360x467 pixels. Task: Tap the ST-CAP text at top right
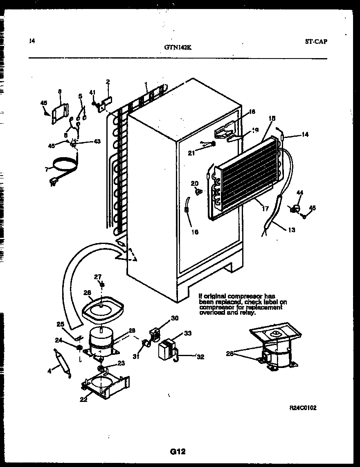tap(315, 41)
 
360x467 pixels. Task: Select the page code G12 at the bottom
tap(178, 451)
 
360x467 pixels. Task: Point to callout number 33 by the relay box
tap(187, 334)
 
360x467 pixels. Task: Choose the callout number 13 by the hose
tap(291, 230)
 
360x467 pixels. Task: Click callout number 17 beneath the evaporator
tap(265, 209)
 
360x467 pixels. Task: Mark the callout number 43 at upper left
tap(97, 141)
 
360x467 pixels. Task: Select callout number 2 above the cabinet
tap(108, 82)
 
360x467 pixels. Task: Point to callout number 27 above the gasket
tap(97, 277)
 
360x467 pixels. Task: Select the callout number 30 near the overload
tap(175, 318)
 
